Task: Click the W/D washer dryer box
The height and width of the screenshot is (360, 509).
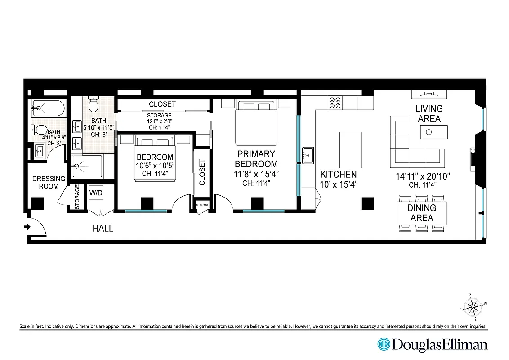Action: pos(96,193)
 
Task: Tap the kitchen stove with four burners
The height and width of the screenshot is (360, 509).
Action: pos(335,103)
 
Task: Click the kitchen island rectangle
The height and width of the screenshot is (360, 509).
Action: pos(351,149)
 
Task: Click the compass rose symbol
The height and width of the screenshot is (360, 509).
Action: pos(472,308)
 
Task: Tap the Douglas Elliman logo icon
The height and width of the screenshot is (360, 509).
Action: pos(384,344)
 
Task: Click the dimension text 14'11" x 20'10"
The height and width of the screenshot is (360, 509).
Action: pos(423,176)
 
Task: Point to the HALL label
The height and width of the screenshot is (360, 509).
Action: pos(103,229)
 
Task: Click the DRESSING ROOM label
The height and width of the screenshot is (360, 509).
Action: pos(49,182)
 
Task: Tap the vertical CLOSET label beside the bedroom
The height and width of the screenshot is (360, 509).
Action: pos(202,172)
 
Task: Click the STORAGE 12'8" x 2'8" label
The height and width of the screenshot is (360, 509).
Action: pos(159,121)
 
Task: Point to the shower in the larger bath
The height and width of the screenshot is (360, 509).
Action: pos(87,166)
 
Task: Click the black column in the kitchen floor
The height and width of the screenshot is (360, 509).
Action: pos(367,203)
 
